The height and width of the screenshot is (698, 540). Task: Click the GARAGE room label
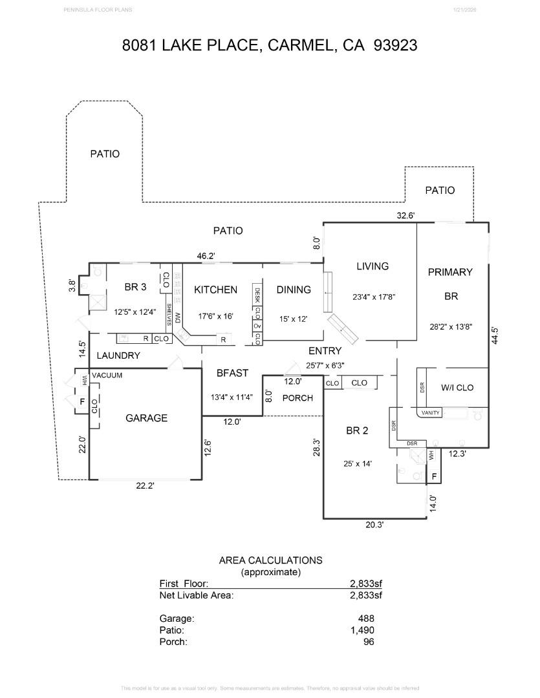[146, 418]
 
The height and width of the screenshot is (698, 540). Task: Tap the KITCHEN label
[215, 290]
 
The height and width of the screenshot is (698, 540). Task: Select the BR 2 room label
[356, 430]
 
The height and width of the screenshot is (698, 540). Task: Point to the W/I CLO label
[457, 388]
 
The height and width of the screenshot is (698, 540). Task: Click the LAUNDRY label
[118, 355]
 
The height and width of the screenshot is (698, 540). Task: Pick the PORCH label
[298, 397]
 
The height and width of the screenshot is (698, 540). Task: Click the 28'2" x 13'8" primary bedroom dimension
[449, 326]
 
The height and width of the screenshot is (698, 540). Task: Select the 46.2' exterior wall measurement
[206, 256]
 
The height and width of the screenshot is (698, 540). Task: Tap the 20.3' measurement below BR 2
[374, 525]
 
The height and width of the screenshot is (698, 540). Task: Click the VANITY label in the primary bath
[431, 413]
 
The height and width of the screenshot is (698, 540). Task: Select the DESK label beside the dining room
[257, 296]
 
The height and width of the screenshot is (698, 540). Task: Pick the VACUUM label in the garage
[107, 375]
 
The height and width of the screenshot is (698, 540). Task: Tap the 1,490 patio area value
[362, 630]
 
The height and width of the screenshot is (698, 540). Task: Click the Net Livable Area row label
[196, 595]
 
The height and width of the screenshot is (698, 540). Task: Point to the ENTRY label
[325, 351]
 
